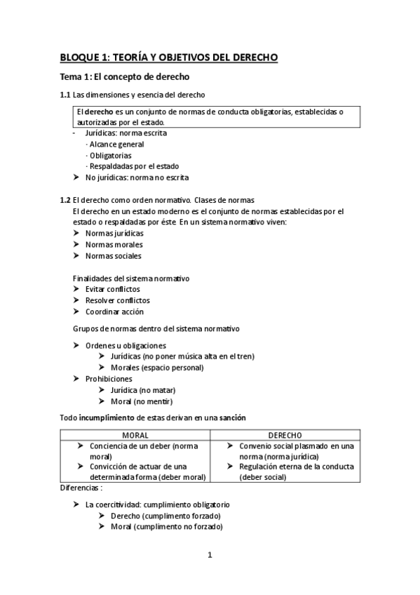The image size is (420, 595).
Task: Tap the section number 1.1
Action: click(65, 95)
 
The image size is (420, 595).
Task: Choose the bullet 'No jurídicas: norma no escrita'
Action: click(137, 178)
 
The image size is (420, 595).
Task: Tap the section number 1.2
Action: click(65, 200)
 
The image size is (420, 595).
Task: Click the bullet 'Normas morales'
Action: click(114, 244)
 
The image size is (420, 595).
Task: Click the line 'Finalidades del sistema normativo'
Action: click(131, 278)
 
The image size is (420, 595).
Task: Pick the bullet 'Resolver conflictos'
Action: click(117, 300)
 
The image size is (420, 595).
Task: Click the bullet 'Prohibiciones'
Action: click(109, 379)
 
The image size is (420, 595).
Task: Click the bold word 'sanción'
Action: click(232, 418)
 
